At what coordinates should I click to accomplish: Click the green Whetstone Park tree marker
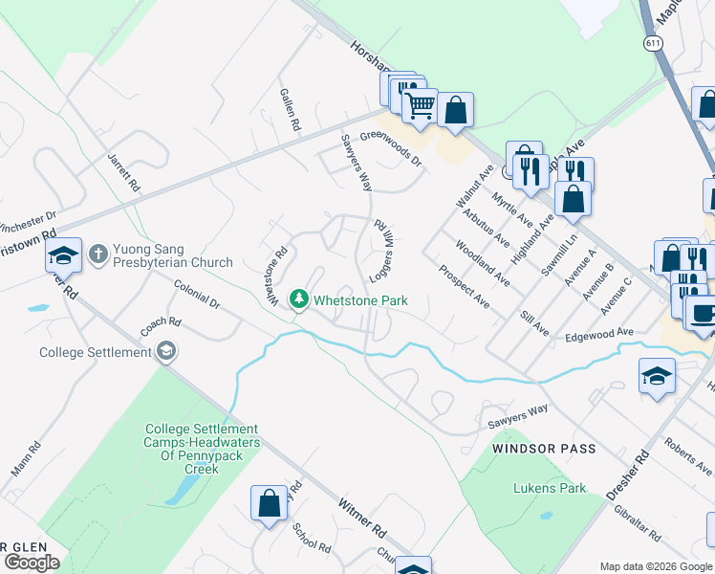[300, 300]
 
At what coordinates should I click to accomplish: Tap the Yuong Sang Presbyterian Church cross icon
[97, 254]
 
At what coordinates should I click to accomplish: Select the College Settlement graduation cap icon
[166, 352]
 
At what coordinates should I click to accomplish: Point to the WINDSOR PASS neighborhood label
[544, 448]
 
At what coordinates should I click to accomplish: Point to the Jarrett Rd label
[124, 172]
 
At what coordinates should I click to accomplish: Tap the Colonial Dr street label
[197, 294]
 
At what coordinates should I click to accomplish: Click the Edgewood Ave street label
[599, 333]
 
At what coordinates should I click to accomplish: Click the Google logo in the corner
[32, 563]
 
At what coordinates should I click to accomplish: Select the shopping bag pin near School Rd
[269, 503]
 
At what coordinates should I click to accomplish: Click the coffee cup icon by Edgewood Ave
[703, 312]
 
